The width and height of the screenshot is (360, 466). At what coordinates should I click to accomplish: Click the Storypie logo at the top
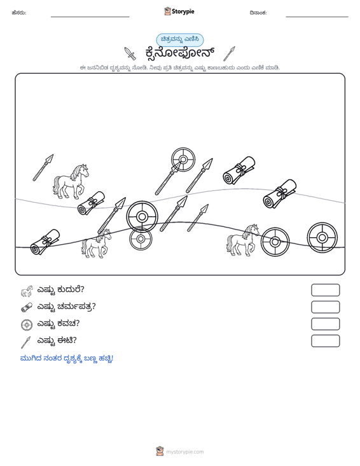point(179,11)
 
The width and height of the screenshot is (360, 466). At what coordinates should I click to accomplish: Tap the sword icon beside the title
point(130,53)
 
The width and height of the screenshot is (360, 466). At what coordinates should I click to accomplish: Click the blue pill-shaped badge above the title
point(180,39)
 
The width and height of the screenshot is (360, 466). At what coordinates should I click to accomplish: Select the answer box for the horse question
point(325,290)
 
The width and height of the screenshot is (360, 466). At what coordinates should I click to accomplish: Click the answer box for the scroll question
point(325,307)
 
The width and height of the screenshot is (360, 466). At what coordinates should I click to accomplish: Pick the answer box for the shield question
point(325,324)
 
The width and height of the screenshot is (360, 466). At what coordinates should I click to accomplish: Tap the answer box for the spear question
point(325,341)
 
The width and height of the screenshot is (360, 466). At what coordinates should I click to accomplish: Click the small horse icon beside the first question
point(27,291)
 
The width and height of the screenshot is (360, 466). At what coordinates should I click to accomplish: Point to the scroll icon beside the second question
point(27,307)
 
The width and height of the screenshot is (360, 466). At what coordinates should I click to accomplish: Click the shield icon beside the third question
point(27,324)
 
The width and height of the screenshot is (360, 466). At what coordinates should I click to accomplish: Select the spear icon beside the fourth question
point(26,342)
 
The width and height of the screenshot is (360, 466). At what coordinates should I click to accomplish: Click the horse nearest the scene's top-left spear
point(71,182)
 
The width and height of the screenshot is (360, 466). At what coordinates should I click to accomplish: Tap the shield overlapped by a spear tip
point(183,160)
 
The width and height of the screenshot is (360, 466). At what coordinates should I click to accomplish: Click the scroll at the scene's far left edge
point(45,242)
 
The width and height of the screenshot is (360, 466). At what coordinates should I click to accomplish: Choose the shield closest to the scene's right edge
point(322,238)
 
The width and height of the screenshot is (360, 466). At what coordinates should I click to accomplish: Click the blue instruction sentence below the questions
point(67,359)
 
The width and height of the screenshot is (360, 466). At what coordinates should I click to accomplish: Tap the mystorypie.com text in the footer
point(185,452)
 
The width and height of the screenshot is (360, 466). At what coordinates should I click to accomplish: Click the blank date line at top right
point(317,17)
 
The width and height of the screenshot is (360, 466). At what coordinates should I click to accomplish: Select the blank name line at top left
point(90,17)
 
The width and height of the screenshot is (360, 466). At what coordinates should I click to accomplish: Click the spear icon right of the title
point(229,54)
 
